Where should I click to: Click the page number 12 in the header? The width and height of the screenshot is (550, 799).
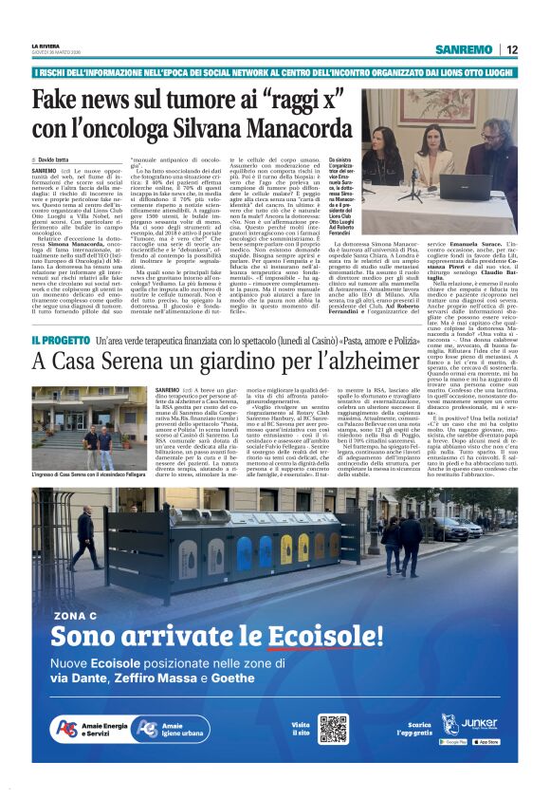click(511, 49)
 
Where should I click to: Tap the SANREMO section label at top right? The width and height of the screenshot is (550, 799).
click(464, 49)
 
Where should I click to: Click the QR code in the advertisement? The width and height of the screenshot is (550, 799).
click(333, 729)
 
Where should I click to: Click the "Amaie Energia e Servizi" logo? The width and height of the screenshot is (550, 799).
click(87, 729)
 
